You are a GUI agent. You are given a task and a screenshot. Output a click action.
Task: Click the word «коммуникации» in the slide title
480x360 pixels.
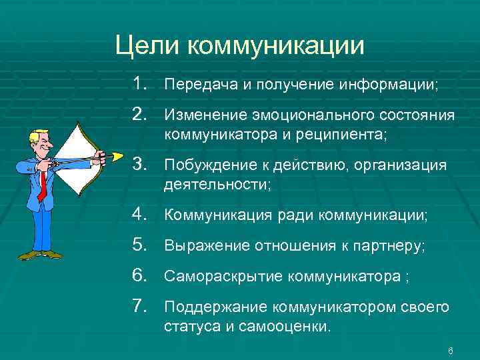[x=276, y=46]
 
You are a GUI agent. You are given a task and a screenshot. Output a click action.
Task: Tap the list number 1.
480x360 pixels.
[x=139, y=85]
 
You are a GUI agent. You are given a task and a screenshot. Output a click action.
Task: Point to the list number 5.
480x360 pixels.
[x=139, y=246]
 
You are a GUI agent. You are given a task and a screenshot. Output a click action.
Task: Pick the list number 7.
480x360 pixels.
[x=139, y=306]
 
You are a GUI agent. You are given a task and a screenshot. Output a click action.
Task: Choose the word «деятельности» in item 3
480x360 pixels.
[x=215, y=185]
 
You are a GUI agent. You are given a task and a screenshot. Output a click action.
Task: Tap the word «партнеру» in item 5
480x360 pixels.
[x=392, y=247]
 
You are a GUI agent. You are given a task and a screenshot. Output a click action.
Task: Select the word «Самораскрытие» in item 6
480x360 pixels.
[x=219, y=276]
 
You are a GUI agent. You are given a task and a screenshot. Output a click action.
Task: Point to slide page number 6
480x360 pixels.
[x=451, y=351]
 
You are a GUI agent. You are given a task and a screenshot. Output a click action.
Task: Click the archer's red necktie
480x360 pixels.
[x=42, y=184]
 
